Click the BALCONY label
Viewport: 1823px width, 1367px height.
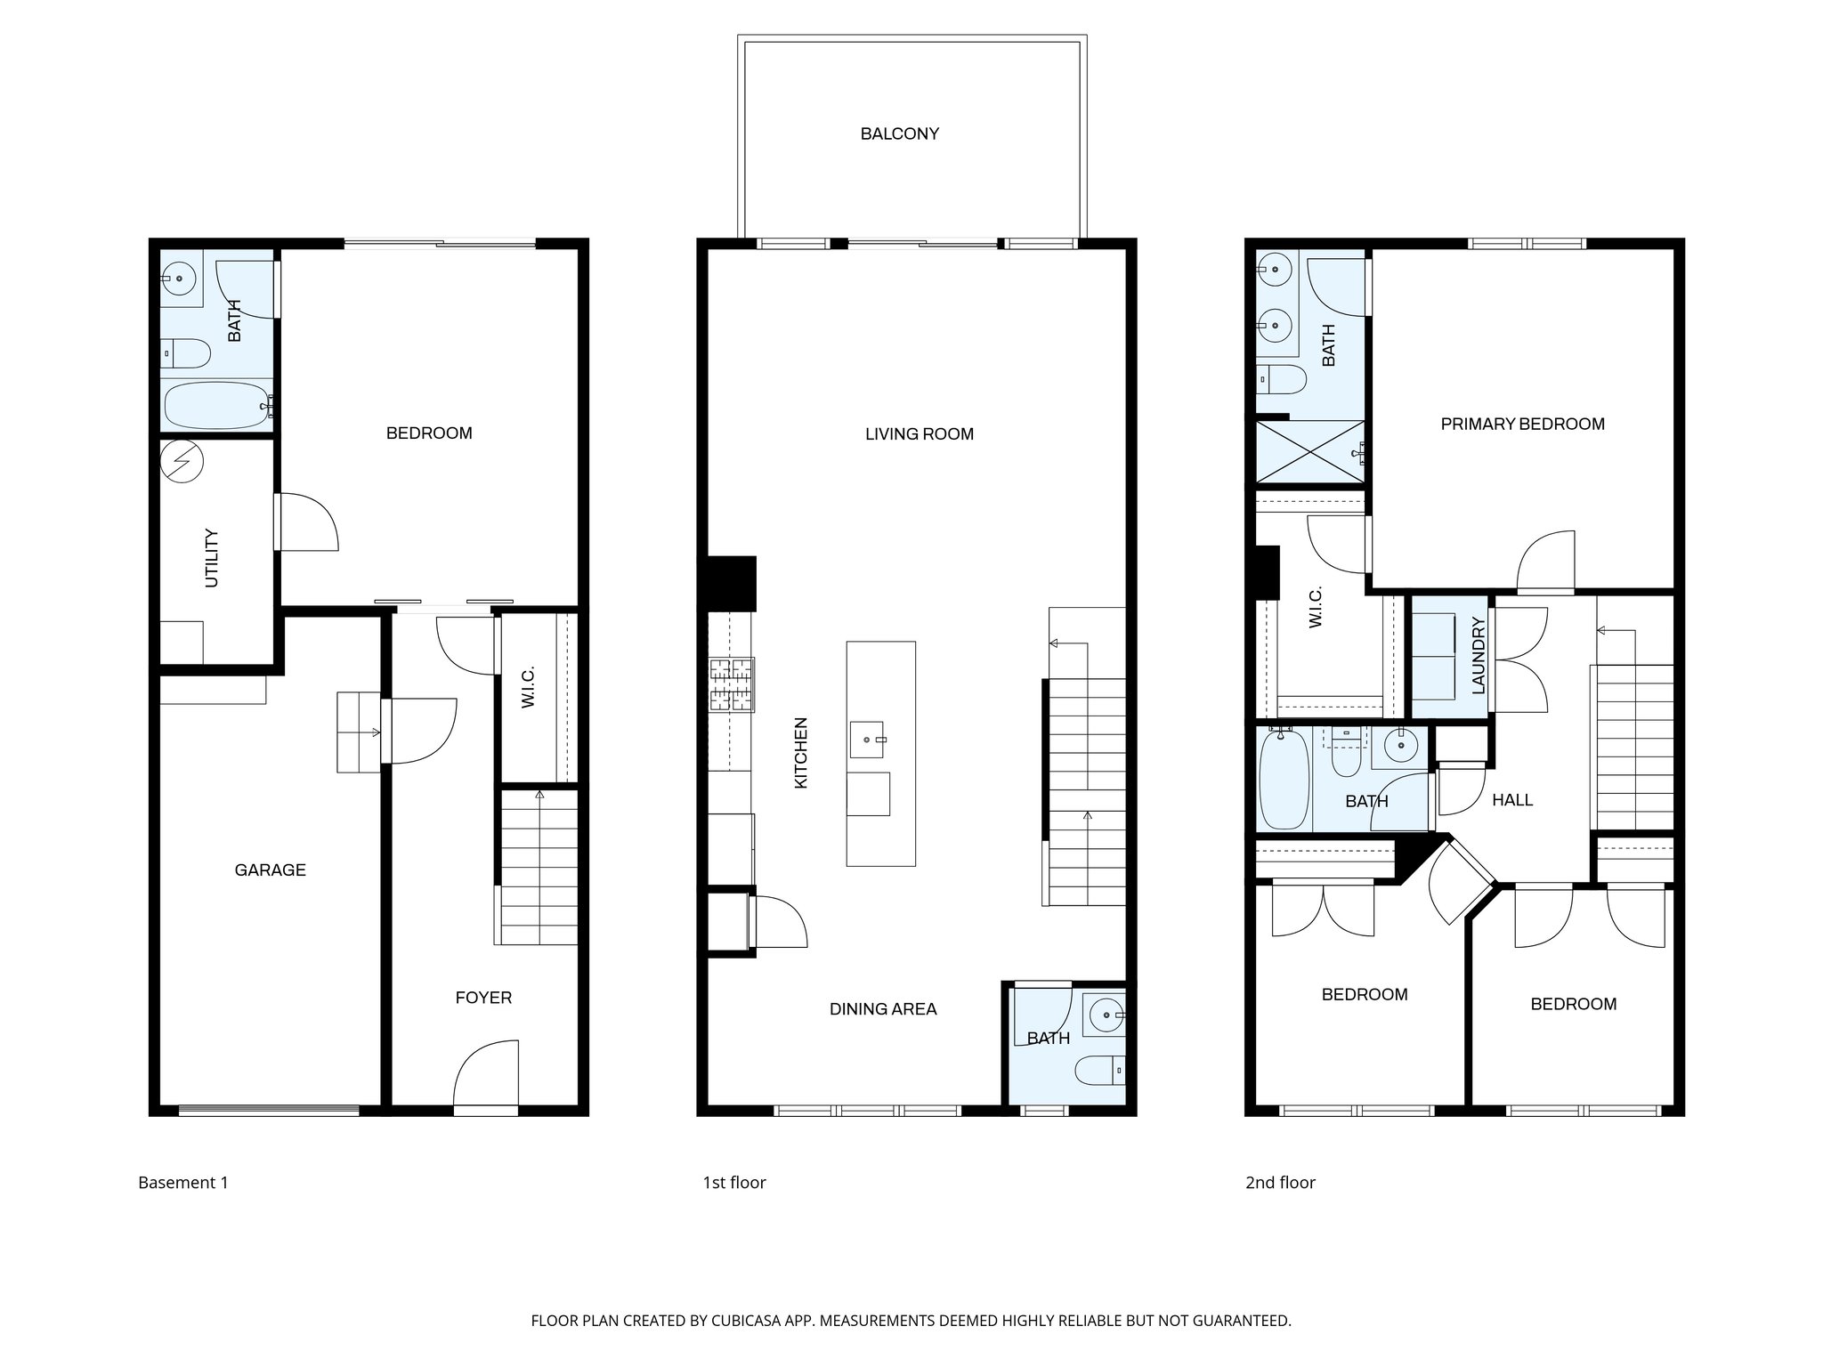click(x=899, y=133)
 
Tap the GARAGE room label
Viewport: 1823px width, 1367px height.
click(x=270, y=870)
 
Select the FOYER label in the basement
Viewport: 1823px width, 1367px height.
click(x=483, y=998)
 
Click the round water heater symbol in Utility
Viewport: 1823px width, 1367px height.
click(x=182, y=462)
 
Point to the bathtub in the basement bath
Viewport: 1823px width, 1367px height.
click(x=217, y=406)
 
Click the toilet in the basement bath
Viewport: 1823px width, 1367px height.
click(x=186, y=353)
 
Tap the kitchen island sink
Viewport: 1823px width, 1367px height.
click(x=867, y=740)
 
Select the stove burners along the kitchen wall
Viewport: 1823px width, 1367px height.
click(x=731, y=684)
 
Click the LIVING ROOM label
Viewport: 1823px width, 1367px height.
click(x=919, y=434)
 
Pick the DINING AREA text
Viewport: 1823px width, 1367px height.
click(x=882, y=1008)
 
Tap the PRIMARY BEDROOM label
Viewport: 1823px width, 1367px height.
click(x=1522, y=424)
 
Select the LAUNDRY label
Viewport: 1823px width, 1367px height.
click(x=1479, y=656)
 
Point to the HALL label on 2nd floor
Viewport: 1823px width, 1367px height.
click(x=1511, y=800)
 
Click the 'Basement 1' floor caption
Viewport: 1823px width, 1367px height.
click(x=183, y=1183)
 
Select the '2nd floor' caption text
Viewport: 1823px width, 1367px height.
click(x=1279, y=1183)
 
